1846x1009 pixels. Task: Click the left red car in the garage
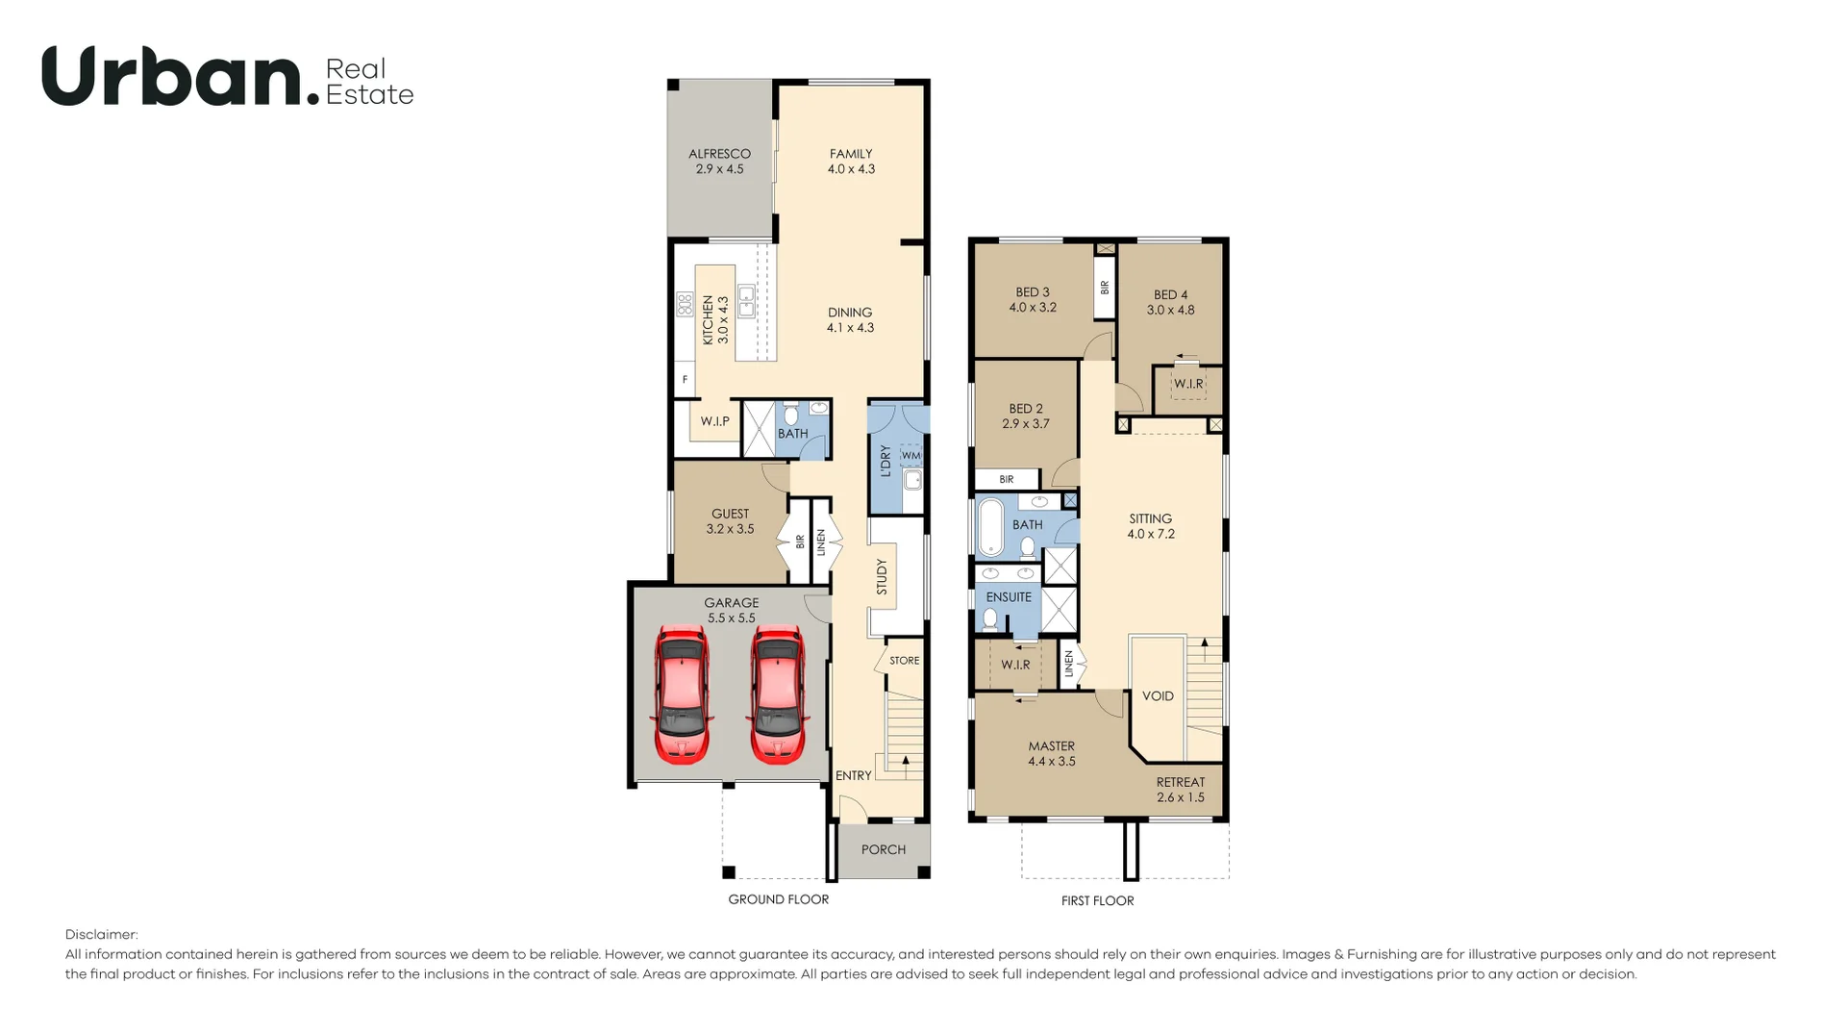(683, 694)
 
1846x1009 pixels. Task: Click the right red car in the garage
(777, 694)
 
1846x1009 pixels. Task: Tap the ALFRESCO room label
(719, 154)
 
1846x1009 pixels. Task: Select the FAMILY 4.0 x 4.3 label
(851, 162)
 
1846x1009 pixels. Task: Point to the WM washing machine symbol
(911, 456)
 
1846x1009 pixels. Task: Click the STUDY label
(882, 577)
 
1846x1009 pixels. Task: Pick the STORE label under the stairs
(904, 661)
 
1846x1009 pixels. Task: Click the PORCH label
(883, 849)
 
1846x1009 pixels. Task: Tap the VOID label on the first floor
(1158, 696)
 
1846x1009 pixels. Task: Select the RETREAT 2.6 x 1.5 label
(1180, 790)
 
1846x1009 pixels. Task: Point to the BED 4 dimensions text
(1170, 311)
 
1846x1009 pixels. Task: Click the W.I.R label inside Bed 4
(1188, 384)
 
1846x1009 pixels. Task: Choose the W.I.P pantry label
(714, 421)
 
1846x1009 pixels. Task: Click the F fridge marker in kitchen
(685, 380)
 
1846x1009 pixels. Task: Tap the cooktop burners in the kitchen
(686, 305)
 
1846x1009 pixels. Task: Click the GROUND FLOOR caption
(778, 899)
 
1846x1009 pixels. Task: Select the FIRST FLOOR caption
(1097, 901)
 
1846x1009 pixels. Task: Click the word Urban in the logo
(173, 77)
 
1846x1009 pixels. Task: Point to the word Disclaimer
(101, 935)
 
